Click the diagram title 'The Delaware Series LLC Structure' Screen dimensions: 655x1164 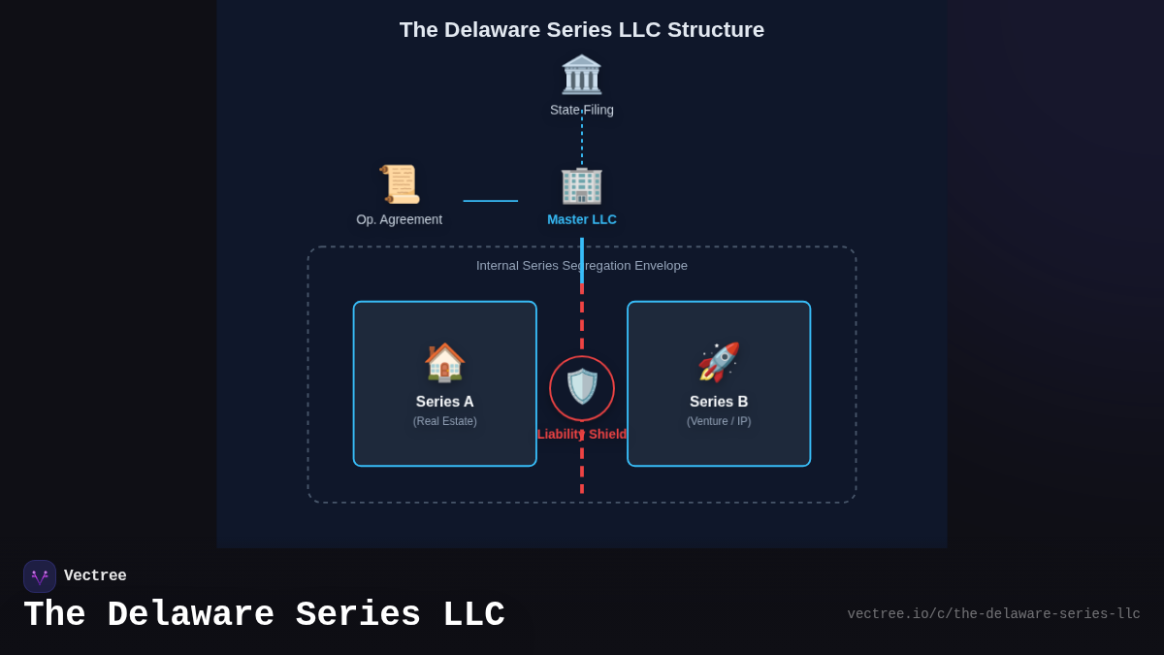pos(581,30)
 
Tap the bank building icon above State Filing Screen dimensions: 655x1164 pos(581,75)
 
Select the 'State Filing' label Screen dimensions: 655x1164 pos(581,110)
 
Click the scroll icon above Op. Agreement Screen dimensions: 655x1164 pos(399,183)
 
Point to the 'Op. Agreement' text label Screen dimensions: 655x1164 pos(399,219)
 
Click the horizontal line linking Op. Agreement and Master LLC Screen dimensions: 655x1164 pos(490,201)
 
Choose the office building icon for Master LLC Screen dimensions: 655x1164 pos(581,184)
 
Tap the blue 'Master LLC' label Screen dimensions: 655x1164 pos(581,219)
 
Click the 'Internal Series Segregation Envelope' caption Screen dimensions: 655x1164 pos(581,265)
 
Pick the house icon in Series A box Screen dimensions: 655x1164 pos(444,362)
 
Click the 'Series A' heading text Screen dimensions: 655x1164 pos(444,402)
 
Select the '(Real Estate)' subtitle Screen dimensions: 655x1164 pos(444,421)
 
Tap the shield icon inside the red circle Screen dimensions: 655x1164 pos(582,387)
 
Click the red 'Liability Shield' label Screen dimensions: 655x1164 pos(582,434)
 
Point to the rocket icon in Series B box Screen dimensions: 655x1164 pos(719,362)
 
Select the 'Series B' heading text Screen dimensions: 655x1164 pos(719,402)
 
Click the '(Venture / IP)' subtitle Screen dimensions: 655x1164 pos(719,421)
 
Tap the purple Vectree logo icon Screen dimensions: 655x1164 pos(40,576)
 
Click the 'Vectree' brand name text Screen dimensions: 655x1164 pos(95,576)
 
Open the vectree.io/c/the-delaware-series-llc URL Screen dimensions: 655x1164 pos(993,614)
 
